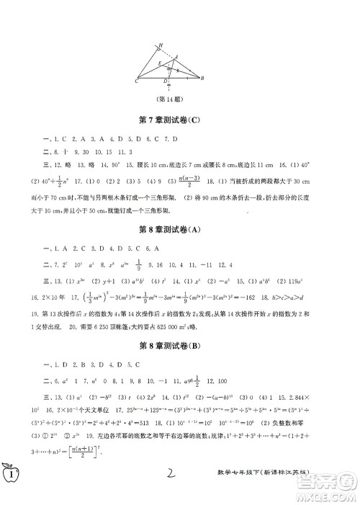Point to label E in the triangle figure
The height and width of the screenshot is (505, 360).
point(150,63)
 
